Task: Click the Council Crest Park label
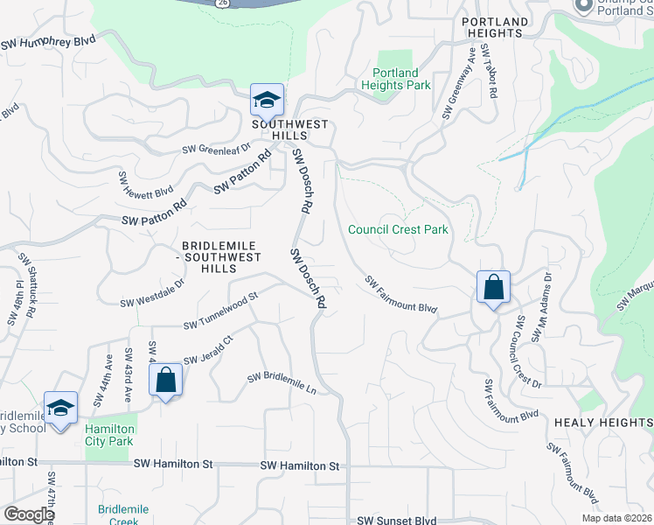(398, 230)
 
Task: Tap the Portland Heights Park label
(396, 79)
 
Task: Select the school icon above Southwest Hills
(267, 100)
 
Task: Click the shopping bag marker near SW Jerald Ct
(165, 381)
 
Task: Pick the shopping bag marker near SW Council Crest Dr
(493, 286)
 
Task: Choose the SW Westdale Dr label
(153, 293)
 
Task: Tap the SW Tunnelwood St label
(220, 311)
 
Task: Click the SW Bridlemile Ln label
(282, 383)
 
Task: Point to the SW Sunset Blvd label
(395, 521)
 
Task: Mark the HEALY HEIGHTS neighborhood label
(603, 422)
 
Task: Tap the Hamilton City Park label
(109, 435)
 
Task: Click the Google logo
(29, 514)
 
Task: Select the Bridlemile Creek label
(123, 514)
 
